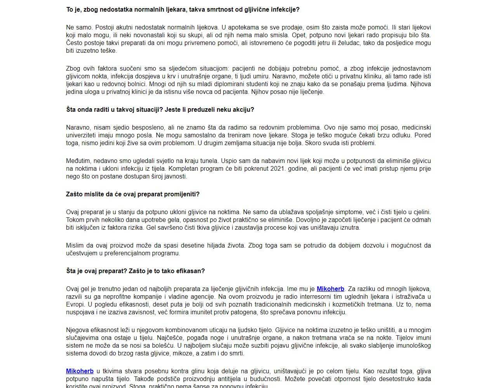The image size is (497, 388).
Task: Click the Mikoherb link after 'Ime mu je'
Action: click(x=330, y=289)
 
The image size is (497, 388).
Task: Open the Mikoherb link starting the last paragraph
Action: click(x=80, y=371)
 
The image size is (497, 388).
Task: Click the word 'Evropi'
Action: click(x=75, y=305)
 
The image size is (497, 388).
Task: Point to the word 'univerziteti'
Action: click(x=81, y=135)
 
